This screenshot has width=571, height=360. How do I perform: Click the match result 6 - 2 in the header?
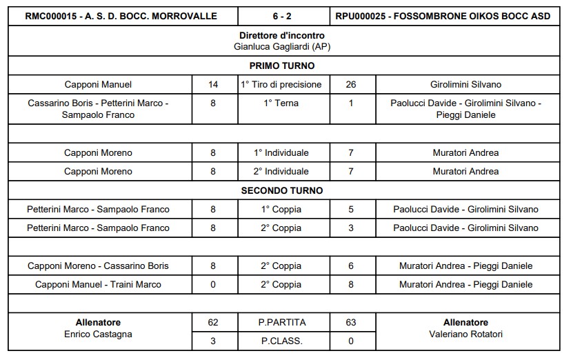[284, 16]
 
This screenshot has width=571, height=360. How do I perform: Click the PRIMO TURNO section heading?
[282, 66]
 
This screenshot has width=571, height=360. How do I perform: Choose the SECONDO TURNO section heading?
[282, 190]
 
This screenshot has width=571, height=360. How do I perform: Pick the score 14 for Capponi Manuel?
[213, 85]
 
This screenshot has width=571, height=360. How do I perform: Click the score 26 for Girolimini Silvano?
[352, 85]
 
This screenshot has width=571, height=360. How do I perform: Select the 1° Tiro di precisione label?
[282, 85]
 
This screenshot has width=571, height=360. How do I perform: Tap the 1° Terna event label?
[282, 103]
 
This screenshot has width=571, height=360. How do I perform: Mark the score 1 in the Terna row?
[352, 103]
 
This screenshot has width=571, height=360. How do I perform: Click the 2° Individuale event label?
[282, 171]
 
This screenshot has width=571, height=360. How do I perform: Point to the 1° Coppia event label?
[282, 209]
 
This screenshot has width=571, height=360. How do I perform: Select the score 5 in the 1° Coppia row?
[352, 209]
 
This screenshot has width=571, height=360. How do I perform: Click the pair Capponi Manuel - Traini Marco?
[98, 284]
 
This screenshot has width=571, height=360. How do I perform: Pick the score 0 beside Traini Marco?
[213, 284]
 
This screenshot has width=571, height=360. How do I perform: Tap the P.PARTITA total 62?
[213, 322]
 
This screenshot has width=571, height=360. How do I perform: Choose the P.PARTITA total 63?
[352, 322]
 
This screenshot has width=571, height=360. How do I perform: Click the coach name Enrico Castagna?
[98, 334]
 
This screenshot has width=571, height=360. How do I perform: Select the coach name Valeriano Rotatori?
[466, 334]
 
